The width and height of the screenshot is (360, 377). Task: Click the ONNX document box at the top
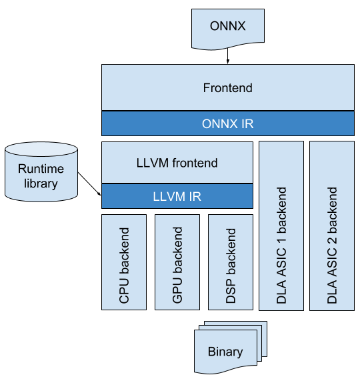pyautogui.click(x=228, y=29)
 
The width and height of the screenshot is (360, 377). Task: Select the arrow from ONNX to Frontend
pyautogui.click(x=228, y=56)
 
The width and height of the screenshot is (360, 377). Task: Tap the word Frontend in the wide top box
pyautogui.click(x=228, y=88)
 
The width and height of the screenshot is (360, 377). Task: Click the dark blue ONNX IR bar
pyautogui.click(x=228, y=123)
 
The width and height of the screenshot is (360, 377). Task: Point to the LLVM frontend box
pyautogui.click(x=177, y=163)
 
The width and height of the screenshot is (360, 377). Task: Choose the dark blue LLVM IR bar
pyautogui.click(x=177, y=196)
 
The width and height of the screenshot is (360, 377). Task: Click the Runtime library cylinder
pyautogui.click(x=41, y=171)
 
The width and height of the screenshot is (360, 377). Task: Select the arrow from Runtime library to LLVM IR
pyautogui.click(x=89, y=184)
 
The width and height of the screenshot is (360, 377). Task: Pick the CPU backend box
pyautogui.click(x=124, y=262)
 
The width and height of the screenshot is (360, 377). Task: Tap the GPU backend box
pyautogui.click(x=177, y=262)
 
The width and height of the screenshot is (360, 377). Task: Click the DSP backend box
pyautogui.click(x=231, y=262)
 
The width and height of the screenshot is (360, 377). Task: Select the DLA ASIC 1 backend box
pyautogui.click(x=281, y=226)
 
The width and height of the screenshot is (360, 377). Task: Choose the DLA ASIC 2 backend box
pyautogui.click(x=332, y=226)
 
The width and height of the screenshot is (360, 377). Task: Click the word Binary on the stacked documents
pyautogui.click(x=225, y=352)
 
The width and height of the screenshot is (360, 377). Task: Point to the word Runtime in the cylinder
pyautogui.click(x=41, y=169)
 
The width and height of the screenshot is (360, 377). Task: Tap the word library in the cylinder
pyautogui.click(x=41, y=183)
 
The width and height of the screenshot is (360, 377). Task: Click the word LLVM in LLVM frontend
pyautogui.click(x=153, y=163)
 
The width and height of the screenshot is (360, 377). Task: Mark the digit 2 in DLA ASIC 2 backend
pyautogui.click(x=332, y=240)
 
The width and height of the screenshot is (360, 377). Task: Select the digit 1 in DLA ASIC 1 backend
pyautogui.click(x=281, y=240)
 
